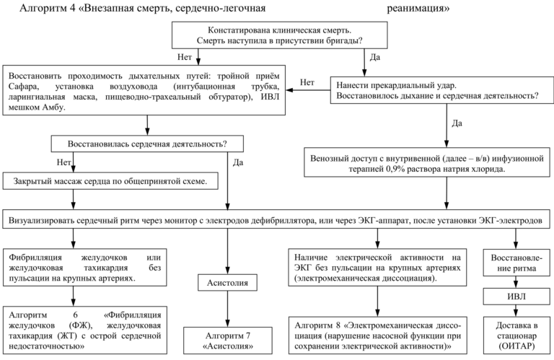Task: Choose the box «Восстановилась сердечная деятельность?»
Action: pyautogui.click(x=148, y=143)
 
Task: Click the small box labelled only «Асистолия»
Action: pyautogui.click(x=228, y=284)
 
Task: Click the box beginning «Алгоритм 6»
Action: pyautogui.click(x=86, y=330)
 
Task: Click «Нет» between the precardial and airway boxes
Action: pyautogui.click(x=308, y=82)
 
